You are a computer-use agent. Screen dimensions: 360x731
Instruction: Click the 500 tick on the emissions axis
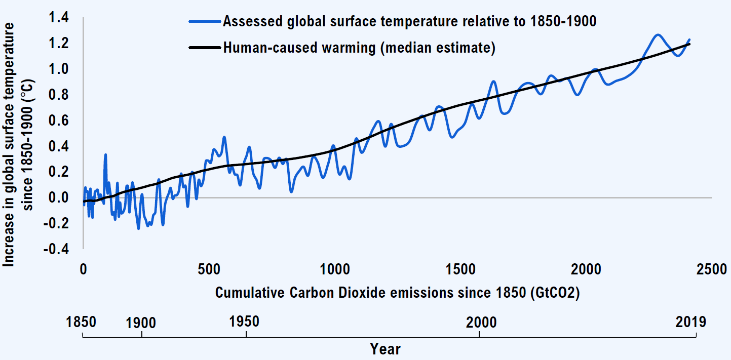coord(209,269)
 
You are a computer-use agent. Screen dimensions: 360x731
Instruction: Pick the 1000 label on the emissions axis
coord(334,269)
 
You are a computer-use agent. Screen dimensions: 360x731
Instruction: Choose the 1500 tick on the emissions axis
coord(460,269)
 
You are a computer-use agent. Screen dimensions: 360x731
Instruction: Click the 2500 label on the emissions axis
coord(711,269)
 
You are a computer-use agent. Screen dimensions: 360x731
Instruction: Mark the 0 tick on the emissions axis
coord(83,269)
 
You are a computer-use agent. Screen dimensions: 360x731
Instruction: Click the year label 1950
coord(245,322)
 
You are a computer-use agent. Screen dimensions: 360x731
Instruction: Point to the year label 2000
coord(481,322)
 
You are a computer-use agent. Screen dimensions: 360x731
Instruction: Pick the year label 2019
coord(690,322)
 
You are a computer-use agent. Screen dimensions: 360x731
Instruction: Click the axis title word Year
coord(385,349)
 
